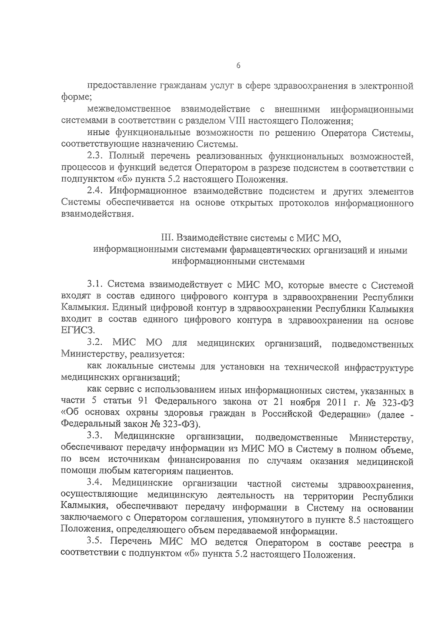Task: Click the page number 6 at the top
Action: click(238, 66)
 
